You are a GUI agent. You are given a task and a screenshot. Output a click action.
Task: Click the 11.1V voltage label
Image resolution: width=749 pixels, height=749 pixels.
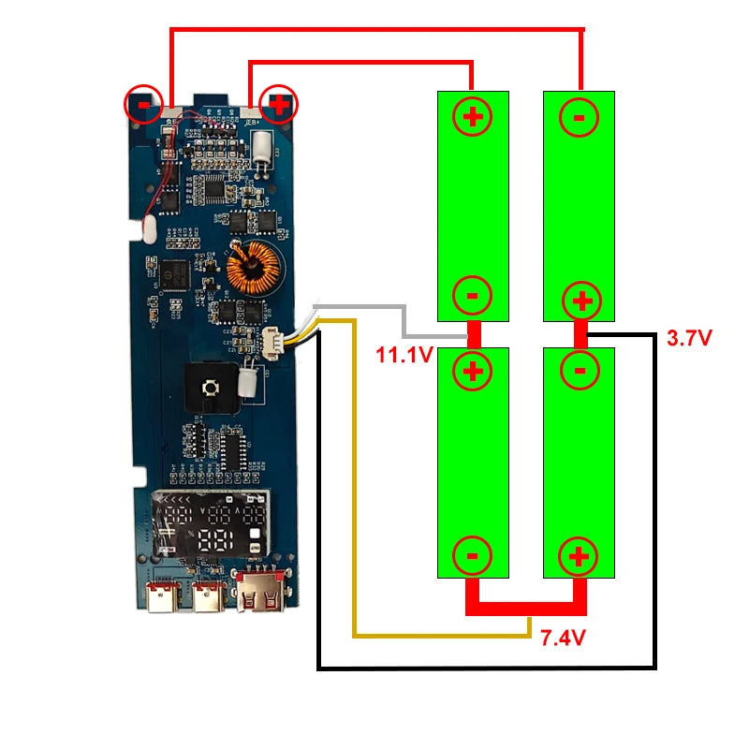point(404,355)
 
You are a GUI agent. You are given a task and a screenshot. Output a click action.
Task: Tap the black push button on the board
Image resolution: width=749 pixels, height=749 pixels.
point(211,387)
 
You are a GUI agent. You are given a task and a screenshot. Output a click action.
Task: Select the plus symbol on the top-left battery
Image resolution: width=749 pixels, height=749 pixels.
point(472,117)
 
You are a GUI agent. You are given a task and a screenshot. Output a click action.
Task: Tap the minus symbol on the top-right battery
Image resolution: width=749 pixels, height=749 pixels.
point(579,117)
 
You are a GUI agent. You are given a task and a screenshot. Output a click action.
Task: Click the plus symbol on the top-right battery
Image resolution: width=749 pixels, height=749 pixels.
point(580,301)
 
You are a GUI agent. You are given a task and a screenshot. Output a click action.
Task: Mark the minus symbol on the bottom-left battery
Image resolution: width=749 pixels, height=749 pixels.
point(472,555)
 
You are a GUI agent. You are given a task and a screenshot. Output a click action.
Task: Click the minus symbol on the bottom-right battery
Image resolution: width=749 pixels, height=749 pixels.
point(580,371)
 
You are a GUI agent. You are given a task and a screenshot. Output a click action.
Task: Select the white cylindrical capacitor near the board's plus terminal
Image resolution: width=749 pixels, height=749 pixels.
point(266,147)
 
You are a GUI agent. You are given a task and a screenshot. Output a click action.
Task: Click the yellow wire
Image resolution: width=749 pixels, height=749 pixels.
point(354,487)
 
